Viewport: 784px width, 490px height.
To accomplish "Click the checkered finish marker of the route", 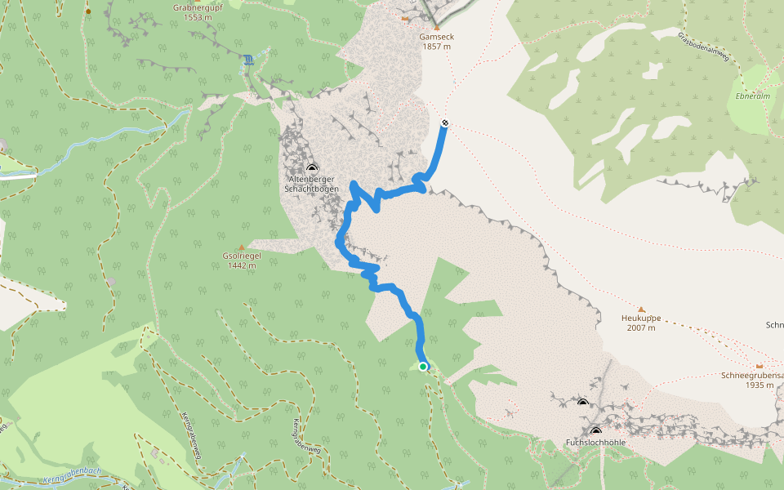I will [x=445, y=123].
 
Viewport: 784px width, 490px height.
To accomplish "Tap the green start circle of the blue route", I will [x=423, y=367].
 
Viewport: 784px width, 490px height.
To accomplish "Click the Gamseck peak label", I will [x=436, y=37].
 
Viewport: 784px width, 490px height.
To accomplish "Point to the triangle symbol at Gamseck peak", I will [x=436, y=27].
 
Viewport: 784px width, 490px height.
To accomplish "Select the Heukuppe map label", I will [x=639, y=318].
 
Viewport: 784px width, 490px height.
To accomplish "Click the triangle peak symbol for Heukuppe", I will [x=641, y=309].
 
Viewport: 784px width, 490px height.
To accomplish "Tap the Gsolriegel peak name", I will [x=241, y=256].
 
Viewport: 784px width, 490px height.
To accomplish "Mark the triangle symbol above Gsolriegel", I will [x=241, y=247].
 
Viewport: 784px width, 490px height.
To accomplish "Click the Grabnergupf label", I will [x=193, y=7].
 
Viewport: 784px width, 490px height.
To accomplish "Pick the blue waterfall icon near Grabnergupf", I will [x=247, y=59].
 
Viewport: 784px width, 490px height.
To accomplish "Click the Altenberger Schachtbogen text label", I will [x=310, y=183].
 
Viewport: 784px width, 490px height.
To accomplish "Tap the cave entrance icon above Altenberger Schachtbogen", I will [x=311, y=167].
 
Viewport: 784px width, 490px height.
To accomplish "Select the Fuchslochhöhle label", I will [x=595, y=443].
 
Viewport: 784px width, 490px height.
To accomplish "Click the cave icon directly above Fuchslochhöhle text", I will [x=595, y=430].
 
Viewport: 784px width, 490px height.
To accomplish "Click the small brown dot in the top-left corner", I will [x=88, y=12].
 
